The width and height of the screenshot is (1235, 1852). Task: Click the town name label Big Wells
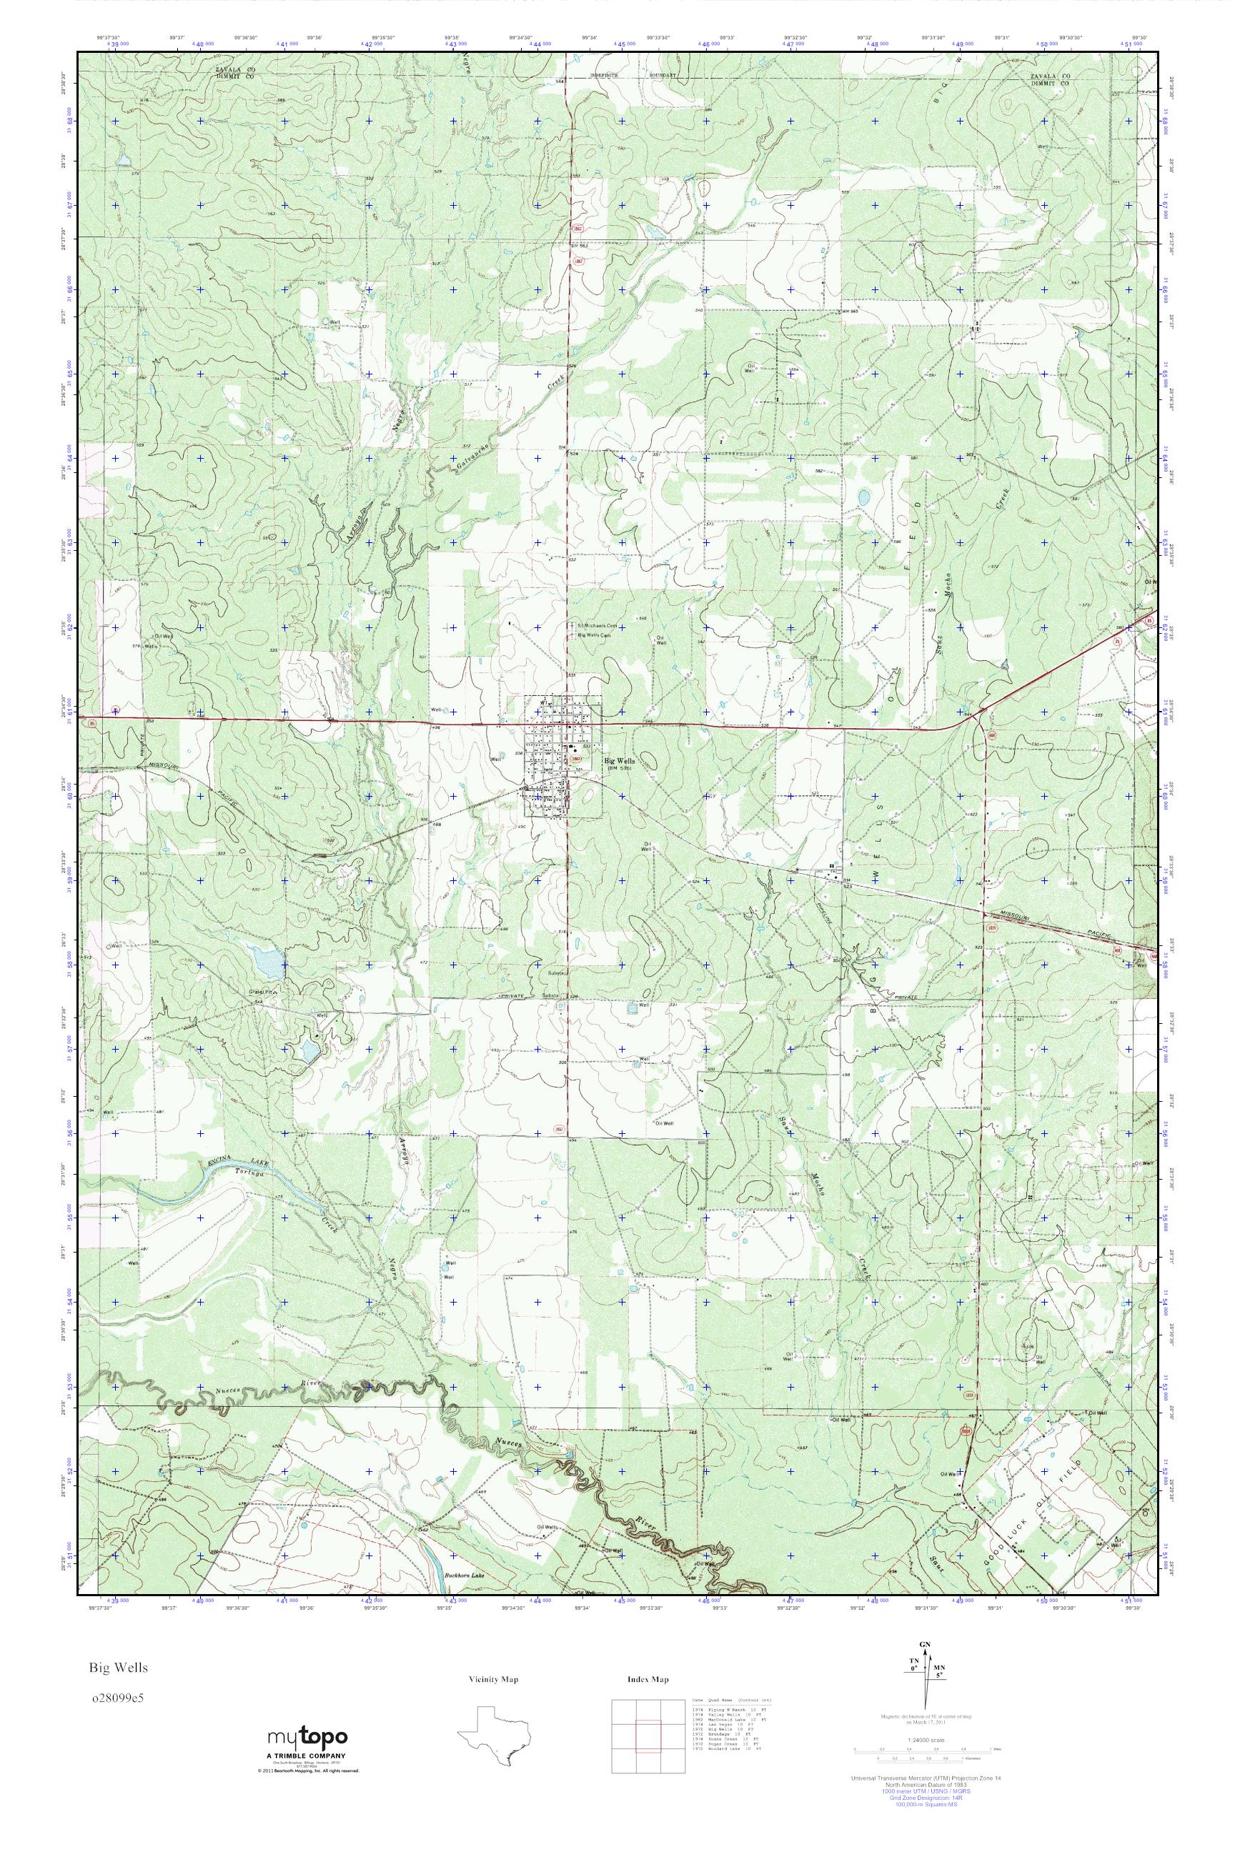619,761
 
